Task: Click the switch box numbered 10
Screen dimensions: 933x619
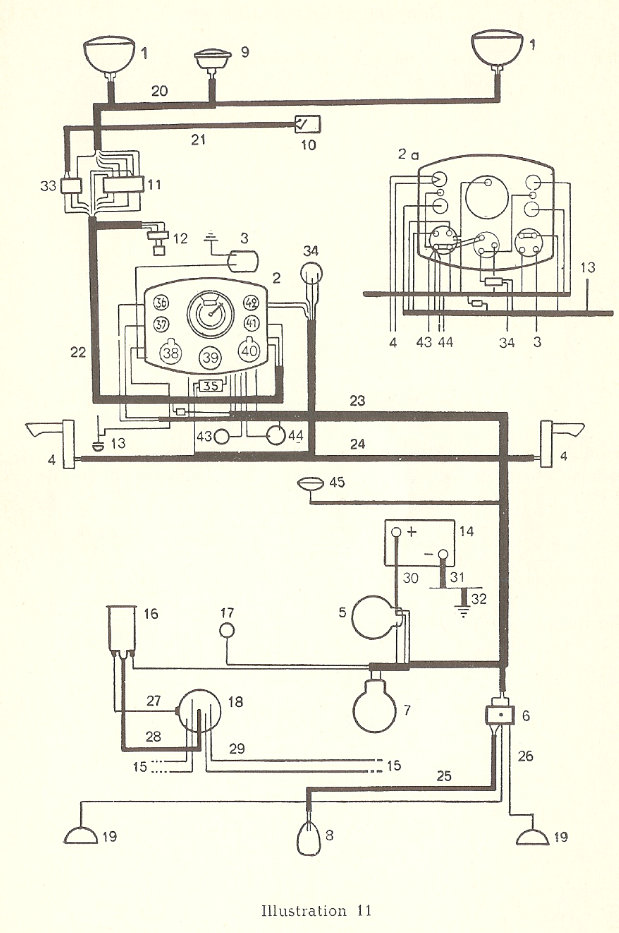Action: click(x=308, y=124)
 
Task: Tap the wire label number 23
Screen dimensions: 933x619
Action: click(x=357, y=401)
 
